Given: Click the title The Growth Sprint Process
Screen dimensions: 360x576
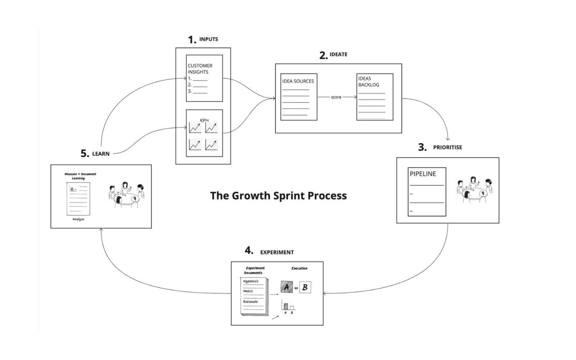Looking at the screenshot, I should click(278, 195).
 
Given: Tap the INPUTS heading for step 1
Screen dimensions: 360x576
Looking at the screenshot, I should click(208, 39).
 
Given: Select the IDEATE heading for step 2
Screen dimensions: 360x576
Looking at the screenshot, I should click(338, 54).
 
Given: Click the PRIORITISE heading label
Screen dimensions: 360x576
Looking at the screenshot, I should click(447, 147).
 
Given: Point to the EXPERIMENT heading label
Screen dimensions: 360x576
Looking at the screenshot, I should click(277, 252).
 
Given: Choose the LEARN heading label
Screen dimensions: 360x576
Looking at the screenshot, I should click(101, 154).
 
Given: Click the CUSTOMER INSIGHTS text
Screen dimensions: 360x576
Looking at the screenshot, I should click(200, 69).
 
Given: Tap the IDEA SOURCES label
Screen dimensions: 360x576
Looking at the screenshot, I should click(298, 81).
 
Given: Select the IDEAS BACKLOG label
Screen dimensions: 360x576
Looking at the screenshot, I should click(368, 82).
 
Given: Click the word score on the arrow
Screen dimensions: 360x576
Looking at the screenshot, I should click(336, 97).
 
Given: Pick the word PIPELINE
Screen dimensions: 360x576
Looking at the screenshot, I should click(423, 174).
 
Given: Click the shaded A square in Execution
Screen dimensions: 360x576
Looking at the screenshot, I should click(287, 287).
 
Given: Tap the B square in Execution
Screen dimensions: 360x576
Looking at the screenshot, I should click(305, 287).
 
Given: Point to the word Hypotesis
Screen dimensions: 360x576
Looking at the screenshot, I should click(251, 281).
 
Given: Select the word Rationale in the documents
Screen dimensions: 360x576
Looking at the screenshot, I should click(250, 302).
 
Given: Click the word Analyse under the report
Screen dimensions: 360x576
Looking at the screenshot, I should click(78, 219).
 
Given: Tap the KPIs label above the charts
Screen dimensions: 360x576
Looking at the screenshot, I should click(204, 121).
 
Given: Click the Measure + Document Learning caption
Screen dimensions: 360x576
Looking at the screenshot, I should click(80, 176).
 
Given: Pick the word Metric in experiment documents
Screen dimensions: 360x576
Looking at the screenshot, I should click(248, 291).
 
